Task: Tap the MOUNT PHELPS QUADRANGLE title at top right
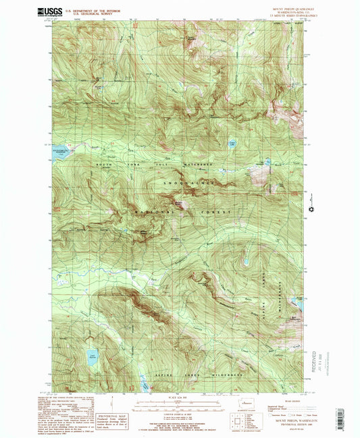tap(282, 8)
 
